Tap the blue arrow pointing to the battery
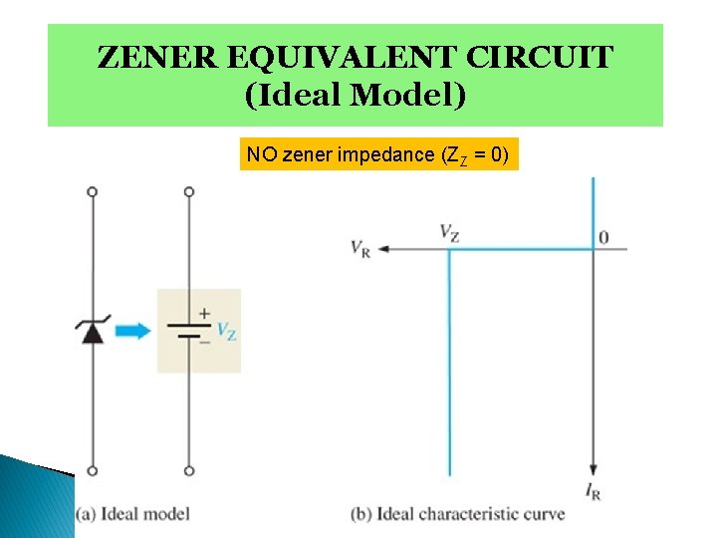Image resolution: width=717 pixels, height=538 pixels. click(x=132, y=331)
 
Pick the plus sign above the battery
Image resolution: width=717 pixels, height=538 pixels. click(x=203, y=313)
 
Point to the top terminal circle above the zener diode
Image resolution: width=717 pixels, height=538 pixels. click(x=92, y=190)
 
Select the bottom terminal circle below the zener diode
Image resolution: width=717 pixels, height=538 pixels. click(x=92, y=471)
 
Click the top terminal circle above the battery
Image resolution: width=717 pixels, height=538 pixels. click(x=189, y=190)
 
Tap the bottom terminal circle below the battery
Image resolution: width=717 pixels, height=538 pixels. click(x=189, y=471)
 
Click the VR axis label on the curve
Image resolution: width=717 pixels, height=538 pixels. click(x=360, y=248)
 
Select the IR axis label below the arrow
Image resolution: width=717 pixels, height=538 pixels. click(x=594, y=491)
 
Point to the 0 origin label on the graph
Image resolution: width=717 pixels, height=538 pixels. click(x=603, y=237)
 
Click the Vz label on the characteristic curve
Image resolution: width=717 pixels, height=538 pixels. click(x=449, y=232)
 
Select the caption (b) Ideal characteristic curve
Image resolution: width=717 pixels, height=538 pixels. click(x=458, y=514)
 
